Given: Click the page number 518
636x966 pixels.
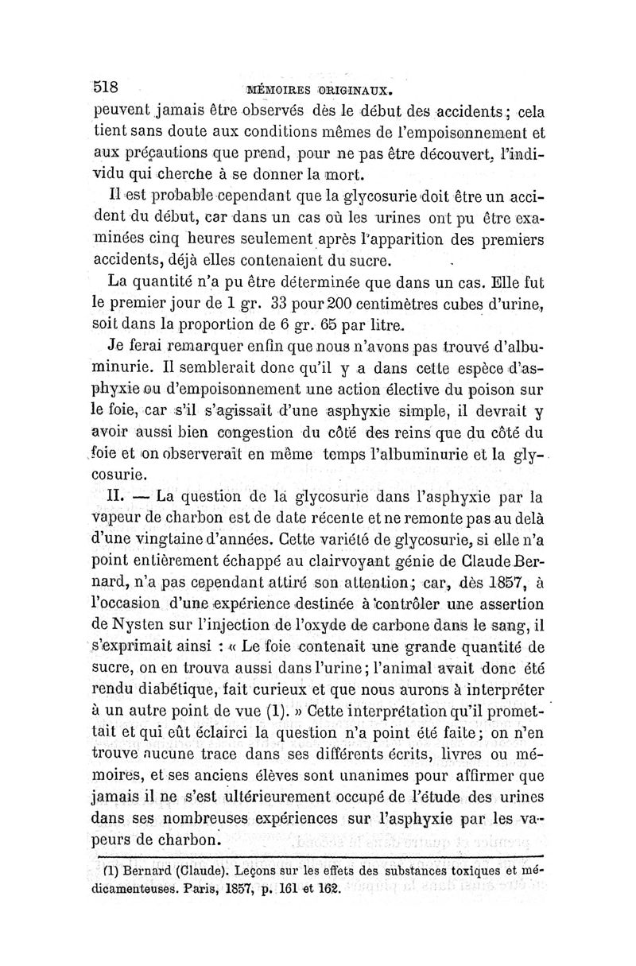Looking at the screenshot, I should point(106,86).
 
